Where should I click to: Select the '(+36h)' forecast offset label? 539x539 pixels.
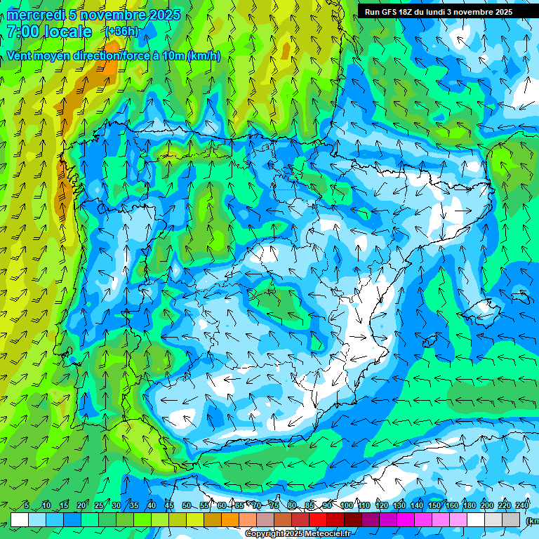pos(121,32)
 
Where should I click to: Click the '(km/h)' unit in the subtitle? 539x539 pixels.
pos(204,55)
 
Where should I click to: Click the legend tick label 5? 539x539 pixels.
pos(26,506)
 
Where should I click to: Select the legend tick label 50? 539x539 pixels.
pos(187,506)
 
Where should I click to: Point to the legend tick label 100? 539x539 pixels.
pos(346,506)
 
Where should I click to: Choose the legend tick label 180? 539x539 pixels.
pos(469,506)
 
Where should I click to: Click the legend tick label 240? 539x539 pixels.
pos(521,506)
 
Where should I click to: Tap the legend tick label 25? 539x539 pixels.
pos(99,506)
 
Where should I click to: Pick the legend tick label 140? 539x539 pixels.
pos(417,506)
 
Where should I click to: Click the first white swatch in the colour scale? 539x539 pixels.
pos(20,519)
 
